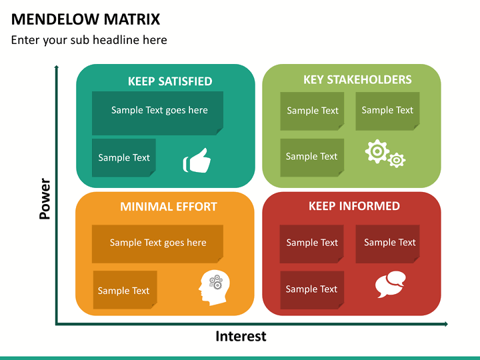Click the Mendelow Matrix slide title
click(x=85, y=19)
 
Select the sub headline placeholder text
click(x=89, y=40)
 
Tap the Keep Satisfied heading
click(x=170, y=81)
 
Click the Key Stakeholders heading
click(x=357, y=79)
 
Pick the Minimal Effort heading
click(x=169, y=207)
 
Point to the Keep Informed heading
click(x=354, y=206)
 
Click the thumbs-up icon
click(x=197, y=161)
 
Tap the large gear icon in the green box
click(x=377, y=151)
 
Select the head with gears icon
click(x=214, y=287)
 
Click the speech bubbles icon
click(x=390, y=284)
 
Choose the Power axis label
click(x=45, y=199)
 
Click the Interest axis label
click(x=241, y=336)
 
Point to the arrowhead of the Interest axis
click(x=446, y=324)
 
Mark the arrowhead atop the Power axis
click(x=56, y=67)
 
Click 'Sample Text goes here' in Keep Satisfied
click(x=159, y=110)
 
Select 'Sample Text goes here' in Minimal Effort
click(x=158, y=243)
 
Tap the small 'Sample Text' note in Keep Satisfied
click(x=124, y=157)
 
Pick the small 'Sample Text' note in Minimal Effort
click(x=125, y=290)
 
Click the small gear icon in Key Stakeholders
click(x=397, y=160)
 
